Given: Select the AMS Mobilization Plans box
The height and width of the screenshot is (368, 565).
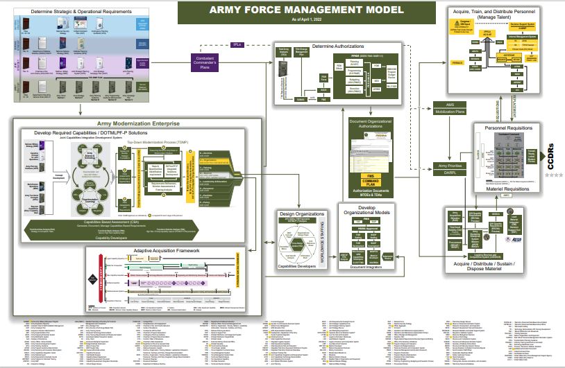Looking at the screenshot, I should click(x=444, y=108).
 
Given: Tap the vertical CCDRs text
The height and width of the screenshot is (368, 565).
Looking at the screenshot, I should click(x=550, y=160).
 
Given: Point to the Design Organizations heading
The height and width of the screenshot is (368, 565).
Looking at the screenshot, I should click(x=303, y=214).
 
